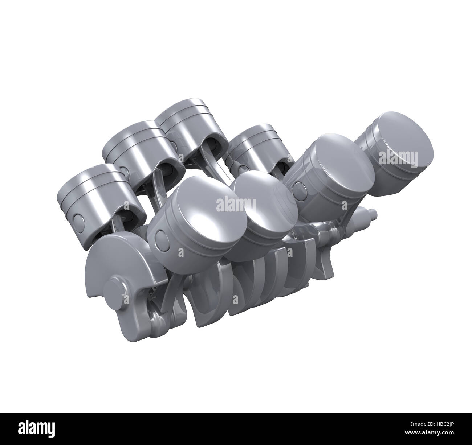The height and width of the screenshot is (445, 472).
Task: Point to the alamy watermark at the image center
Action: pyautogui.click(x=236, y=205)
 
